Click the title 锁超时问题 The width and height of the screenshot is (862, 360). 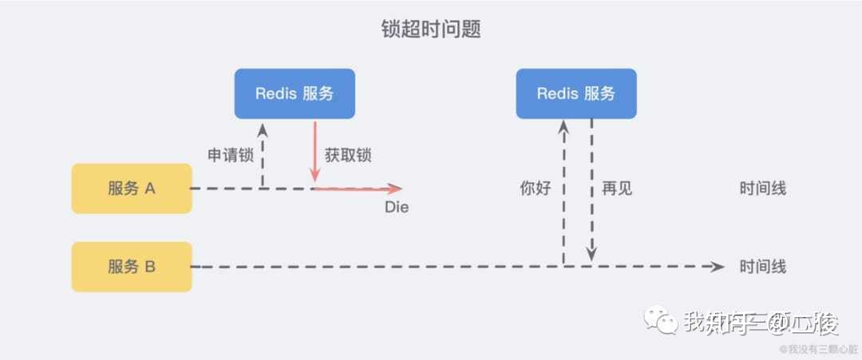tap(431, 30)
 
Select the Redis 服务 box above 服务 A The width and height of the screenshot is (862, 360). tap(294, 93)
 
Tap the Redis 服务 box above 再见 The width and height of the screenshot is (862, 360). tap(575, 93)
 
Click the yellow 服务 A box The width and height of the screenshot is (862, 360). tap(132, 188)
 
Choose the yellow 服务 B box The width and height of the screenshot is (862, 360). tap(132, 267)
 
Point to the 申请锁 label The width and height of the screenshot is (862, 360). tap(231, 156)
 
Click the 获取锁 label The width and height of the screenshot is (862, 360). tap(348, 156)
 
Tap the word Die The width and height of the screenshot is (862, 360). tap(397, 208)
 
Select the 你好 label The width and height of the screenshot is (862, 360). tap(536, 188)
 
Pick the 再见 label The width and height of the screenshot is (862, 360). tap(617, 188)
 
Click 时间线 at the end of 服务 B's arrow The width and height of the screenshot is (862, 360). tap(763, 267)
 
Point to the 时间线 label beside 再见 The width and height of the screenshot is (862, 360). tap(763, 188)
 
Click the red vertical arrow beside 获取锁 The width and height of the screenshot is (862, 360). tap(314, 152)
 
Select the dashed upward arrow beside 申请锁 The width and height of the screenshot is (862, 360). tap(262, 156)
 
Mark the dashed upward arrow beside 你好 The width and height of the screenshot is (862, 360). tap(563, 192)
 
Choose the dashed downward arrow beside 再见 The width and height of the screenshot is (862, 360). tap(591, 192)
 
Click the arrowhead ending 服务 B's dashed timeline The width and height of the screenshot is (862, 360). tap(718, 267)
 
